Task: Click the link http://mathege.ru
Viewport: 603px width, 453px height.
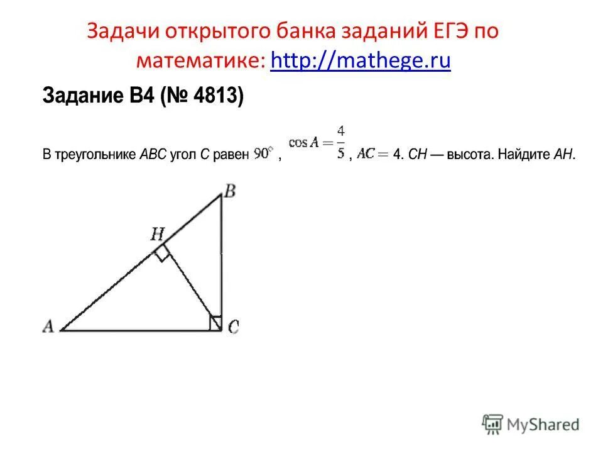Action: point(361,61)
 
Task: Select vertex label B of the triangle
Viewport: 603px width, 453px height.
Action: point(230,191)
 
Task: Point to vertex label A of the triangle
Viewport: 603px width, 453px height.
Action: point(48,326)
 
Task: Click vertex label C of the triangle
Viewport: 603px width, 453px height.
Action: point(233,327)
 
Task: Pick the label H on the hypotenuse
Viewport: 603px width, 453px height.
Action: point(157,235)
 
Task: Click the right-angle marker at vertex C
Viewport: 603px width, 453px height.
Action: point(215,323)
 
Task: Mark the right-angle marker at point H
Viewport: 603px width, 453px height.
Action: point(162,254)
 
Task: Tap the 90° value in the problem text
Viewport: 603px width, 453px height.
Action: point(263,154)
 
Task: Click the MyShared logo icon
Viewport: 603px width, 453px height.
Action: point(492,424)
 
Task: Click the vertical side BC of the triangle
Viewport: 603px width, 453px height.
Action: point(222,258)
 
